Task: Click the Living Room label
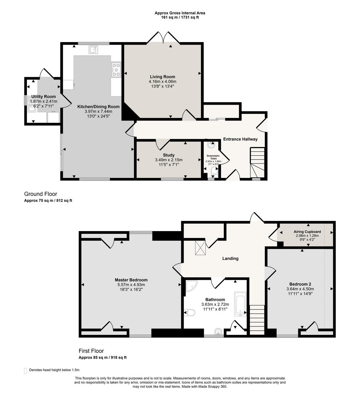click(162, 77)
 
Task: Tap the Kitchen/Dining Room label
click(98, 107)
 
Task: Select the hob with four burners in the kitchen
click(116, 70)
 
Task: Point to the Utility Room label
click(43, 97)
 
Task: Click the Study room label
click(169, 155)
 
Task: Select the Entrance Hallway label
click(240, 139)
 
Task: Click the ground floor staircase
click(258, 162)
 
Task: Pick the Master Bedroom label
click(131, 280)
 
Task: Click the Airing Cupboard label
click(307, 231)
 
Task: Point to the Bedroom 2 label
click(300, 284)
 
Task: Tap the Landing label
click(230, 258)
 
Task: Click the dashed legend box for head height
click(26, 370)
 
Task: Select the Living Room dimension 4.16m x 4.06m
click(162, 81)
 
